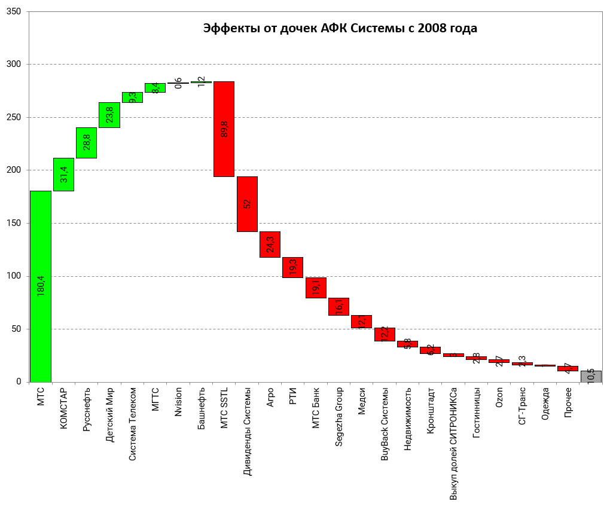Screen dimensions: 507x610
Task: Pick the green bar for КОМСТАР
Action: (63, 175)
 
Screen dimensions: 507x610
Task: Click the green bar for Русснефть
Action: (86, 142)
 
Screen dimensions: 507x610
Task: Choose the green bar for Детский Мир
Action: (109, 115)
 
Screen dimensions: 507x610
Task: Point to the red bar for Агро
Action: (270, 245)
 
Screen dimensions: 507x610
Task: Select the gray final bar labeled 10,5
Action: (590, 377)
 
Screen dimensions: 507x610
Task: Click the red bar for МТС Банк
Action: (316, 288)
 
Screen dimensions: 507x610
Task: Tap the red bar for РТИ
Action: (292, 267)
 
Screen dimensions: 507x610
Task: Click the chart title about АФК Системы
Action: (340, 28)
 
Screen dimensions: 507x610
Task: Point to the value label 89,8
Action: (224, 128)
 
